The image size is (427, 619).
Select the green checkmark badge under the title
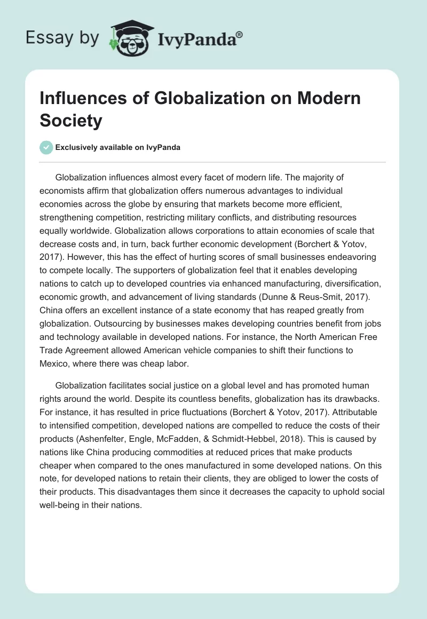click(46, 147)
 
